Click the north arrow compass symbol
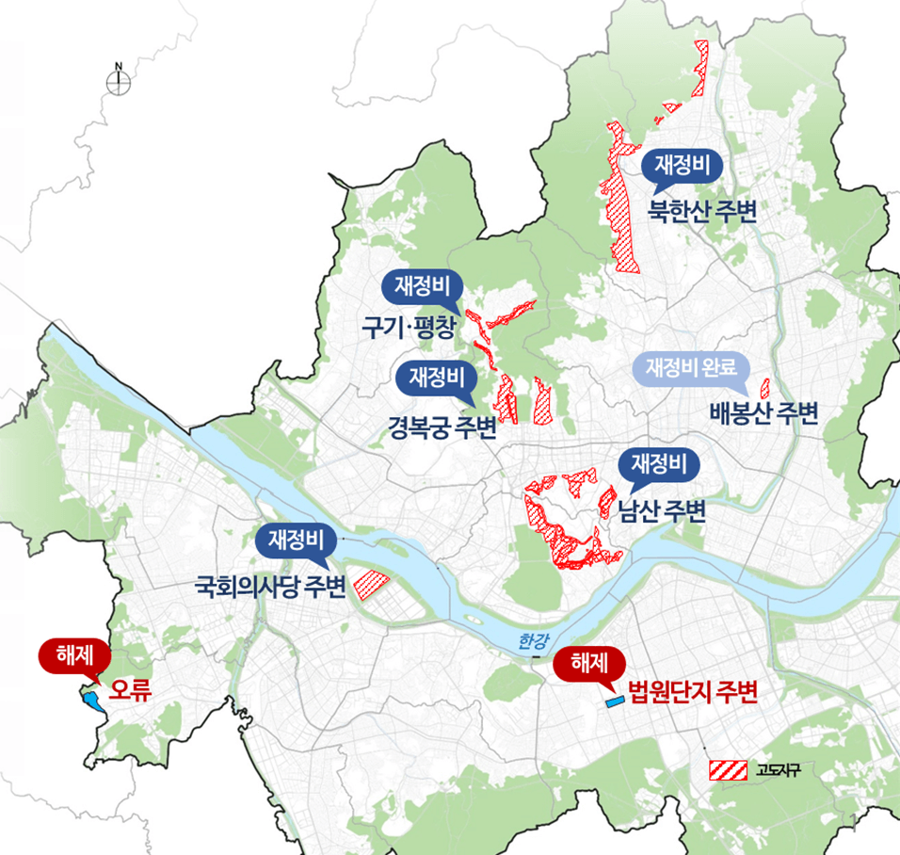coord(119,82)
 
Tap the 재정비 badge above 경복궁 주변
coord(437,379)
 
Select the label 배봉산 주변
coord(763,412)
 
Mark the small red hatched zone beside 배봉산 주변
coord(764,387)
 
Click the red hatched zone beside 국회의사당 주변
coord(370,585)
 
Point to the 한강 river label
coord(532,641)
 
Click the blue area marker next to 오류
coord(91,700)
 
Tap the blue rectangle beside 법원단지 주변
coord(614,702)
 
